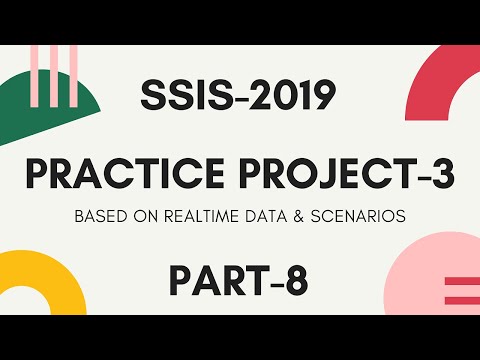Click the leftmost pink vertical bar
click(x=35, y=65)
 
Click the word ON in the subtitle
click(x=147, y=216)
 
